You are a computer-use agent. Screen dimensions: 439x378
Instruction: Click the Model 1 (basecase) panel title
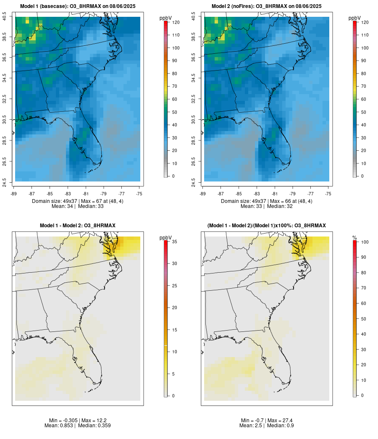(x=78, y=6)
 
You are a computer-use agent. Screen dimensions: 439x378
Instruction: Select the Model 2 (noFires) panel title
(x=267, y=6)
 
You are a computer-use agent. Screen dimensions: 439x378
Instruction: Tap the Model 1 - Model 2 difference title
(x=78, y=226)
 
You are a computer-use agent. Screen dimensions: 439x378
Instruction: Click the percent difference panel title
(x=267, y=226)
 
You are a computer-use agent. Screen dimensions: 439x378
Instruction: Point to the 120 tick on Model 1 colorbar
(x=176, y=22)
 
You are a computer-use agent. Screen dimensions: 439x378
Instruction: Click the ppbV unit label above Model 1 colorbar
(x=166, y=18)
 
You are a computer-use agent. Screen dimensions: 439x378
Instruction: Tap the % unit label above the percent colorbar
(x=355, y=238)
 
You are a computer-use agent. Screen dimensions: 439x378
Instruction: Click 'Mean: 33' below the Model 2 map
(x=250, y=206)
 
